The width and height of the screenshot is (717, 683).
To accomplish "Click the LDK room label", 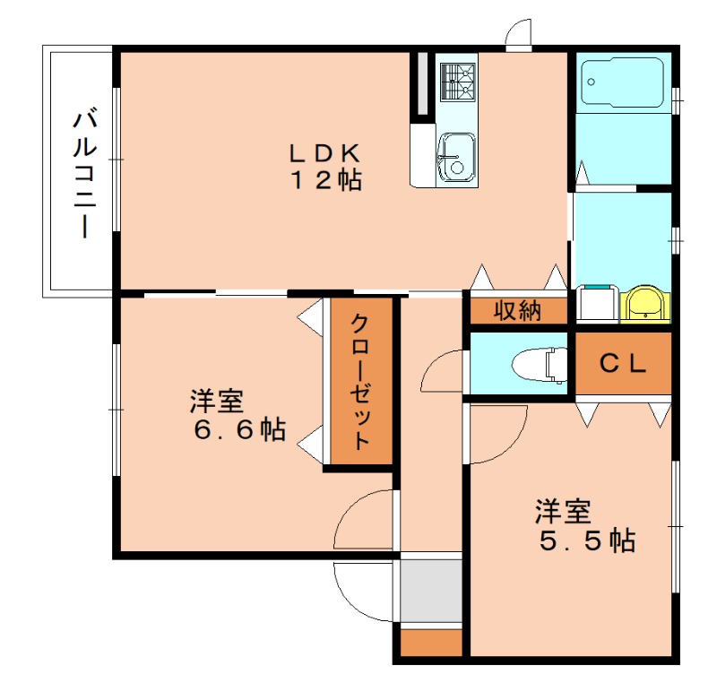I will coord(324,151).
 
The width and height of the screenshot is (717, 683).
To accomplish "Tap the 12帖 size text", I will coord(324,179).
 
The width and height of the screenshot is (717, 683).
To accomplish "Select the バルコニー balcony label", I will coord(86,173).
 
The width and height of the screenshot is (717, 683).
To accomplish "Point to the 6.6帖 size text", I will coord(239,430).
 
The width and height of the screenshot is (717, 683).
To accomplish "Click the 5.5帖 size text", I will coord(587,540).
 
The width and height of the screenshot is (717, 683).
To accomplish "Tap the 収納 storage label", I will coord(517,311).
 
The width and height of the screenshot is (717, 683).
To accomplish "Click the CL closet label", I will coord(622,363).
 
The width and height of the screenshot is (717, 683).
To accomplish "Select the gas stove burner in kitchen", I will coord(457,82).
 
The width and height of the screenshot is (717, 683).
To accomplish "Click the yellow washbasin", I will coord(644,303).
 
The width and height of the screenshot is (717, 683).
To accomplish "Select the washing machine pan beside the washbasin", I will coord(595,303).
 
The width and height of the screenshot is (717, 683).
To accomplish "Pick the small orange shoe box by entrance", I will coord(430,643).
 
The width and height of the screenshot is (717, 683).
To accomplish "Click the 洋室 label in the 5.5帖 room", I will coord(563,512).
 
